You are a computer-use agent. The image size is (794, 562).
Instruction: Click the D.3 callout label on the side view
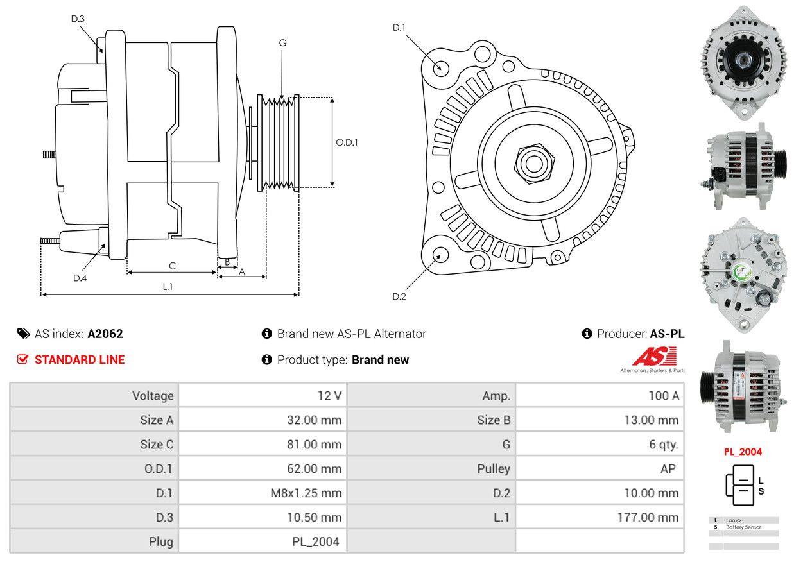pyautogui.click(x=78, y=19)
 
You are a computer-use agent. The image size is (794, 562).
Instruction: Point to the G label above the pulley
pyautogui.click(x=282, y=43)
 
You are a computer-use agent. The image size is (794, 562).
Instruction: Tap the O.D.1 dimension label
pyautogui.click(x=347, y=142)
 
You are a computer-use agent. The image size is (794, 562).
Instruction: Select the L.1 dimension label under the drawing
pyautogui.click(x=168, y=287)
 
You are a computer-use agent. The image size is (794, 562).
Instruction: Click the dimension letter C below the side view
pyautogui.click(x=172, y=266)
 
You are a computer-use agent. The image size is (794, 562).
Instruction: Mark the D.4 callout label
pyautogui.click(x=80, y=278)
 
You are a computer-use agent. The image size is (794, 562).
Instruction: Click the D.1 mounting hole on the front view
pyautogui.click(x=440, y=67)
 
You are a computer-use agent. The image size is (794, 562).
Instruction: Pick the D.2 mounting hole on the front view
pyautogui.click(x=440, y=255)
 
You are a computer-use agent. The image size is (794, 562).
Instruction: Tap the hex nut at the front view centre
pyautogui.click(x=531, y=162)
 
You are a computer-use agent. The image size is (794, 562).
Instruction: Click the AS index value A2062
pyautogui.click(x=105, y=334)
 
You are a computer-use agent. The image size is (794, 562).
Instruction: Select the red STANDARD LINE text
pyautogui.click(x=80, y=360)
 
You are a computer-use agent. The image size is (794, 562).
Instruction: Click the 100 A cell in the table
pyautogui.click(x=664, y=396)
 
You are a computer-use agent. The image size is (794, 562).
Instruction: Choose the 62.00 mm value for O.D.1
pyautogui.click(x=314, y=469)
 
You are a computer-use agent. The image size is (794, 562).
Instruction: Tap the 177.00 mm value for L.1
pyautogui.click(x=648, y=517)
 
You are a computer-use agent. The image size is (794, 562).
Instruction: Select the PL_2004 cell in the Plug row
pyautogui.click(x=315, y=541)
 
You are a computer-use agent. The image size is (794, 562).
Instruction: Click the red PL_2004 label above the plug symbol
pyautogui.click(x=743, y=452)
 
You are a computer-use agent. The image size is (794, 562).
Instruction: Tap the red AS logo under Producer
pyautogui.click(x=655, y=356)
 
